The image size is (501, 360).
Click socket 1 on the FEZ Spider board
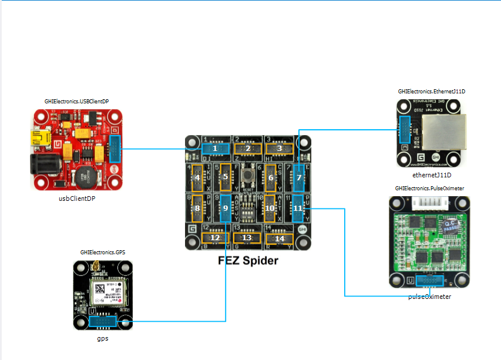click(x=216, y=149)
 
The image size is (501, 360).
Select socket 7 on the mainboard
click(x=299, y=177)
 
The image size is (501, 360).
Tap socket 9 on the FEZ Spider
click(x=226, y=208)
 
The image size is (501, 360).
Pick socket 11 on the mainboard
click(x=298, y=208)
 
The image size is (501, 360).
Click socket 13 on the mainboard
click(x=247, y=238)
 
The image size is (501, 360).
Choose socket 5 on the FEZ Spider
click(x=225, y=177)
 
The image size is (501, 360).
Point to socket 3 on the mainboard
click(x=280, y=149)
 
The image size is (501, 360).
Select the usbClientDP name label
click(x=78, y=198)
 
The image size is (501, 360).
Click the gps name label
click(x=103, y=339)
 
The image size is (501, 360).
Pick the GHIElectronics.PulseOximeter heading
click(x=430, y=188)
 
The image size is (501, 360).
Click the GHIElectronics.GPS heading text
click(x=103, y=252)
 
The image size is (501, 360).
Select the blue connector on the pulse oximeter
click(x=429, y=281)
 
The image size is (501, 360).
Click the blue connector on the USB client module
click(x=115, y=149)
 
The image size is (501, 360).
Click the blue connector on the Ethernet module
click(x=404, y=132)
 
